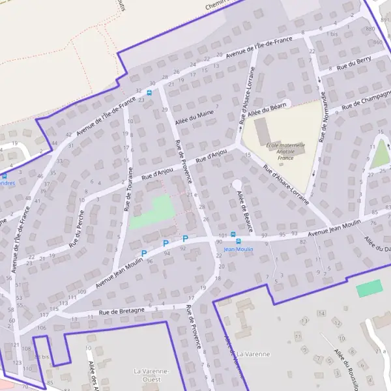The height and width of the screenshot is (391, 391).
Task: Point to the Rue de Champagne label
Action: [x=364, y=100]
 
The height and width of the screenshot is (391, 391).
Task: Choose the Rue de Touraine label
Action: [x=129, y=189]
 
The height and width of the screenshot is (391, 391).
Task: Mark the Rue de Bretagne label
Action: [x=122, y=311]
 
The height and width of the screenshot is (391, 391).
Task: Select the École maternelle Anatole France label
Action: [x=280, y=151]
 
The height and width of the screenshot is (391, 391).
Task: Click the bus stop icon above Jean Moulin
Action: [x=238, y=240]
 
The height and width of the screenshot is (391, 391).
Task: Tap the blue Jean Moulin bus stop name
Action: [x=238, y=249]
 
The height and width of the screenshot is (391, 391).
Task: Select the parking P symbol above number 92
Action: [x=184, y=239]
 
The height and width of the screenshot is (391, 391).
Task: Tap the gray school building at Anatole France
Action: [x=262, y=132]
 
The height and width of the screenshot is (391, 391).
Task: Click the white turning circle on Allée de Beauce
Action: [x=237, y=185]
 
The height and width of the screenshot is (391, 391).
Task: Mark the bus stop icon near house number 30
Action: [x=149, y=93]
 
